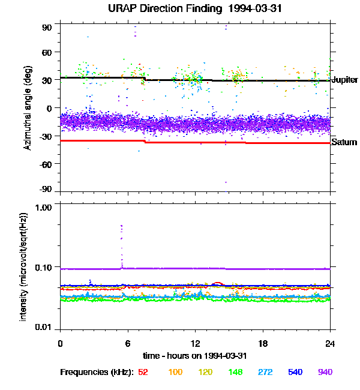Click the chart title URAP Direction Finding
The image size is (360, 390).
180,8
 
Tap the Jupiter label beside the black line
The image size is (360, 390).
344,80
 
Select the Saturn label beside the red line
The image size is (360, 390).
344,142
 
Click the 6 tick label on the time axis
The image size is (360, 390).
127,343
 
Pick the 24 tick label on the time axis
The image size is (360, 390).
330,343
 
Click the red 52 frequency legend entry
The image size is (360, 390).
143,372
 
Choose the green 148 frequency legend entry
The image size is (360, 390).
236,372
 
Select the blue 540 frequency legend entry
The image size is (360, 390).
295,372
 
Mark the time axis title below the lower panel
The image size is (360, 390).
194,355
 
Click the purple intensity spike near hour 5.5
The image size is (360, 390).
121,231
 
